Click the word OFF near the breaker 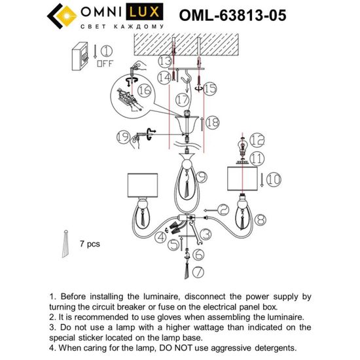pos(104,64)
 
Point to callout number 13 pos(163,61)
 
